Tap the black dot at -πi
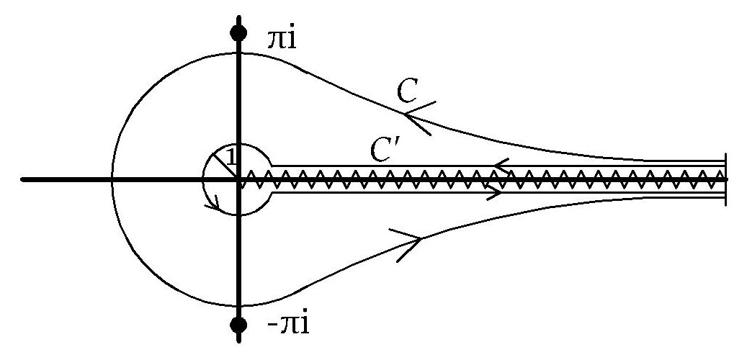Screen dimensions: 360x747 [x=238, y=325]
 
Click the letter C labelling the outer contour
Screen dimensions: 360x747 [x=408, y=90]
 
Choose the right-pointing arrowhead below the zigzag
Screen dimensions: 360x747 [x=496, y=192]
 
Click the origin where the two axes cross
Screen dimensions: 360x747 [x=238, y=179]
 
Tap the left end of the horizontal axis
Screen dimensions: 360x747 [x=22, y=179]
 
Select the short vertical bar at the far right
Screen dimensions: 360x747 [x=725, y=179]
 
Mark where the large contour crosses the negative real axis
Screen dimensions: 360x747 [x=112, y=179]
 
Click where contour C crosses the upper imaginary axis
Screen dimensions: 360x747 [x=238, y=53]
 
